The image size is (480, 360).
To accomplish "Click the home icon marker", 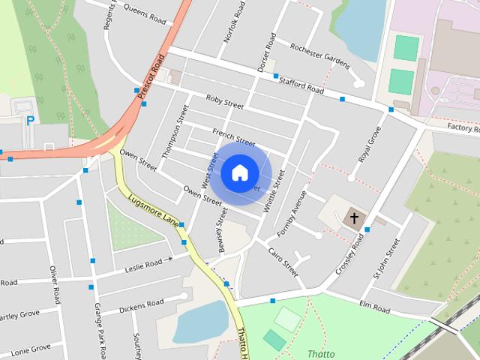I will (x=239, y=172).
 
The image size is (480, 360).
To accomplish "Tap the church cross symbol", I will (x=354, y=218).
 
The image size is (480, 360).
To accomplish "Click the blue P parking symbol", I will (x=30, y=120).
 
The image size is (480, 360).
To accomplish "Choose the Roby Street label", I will (x=224, y=103).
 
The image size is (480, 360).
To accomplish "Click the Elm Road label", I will (x=374, y=307).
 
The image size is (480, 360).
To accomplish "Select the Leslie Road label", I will (x=143, y=265).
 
